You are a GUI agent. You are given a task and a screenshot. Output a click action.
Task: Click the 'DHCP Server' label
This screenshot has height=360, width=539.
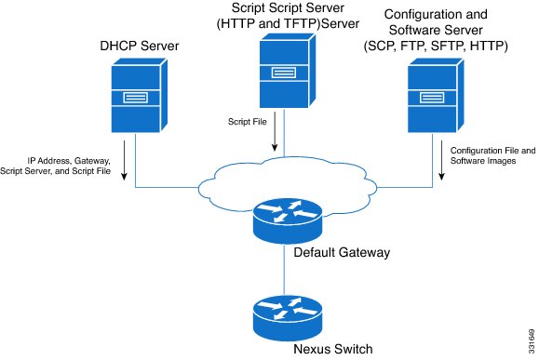140,45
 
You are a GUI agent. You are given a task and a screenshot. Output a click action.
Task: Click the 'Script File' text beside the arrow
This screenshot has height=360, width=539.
248,122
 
